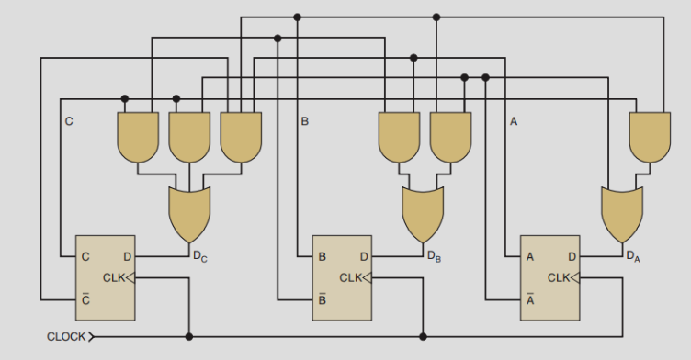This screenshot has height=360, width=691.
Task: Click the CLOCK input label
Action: (x=66, y=337)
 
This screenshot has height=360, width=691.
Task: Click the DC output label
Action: (x=200, y=256)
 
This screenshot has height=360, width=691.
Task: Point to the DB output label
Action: (x=434, y=256)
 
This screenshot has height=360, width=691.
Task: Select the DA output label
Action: (x=633, y=256)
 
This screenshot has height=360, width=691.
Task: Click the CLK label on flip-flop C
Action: (x=114, y=278)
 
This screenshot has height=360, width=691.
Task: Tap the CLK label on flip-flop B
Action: (x=351, y=278)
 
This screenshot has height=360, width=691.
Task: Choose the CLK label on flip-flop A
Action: (x=559, y=278)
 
